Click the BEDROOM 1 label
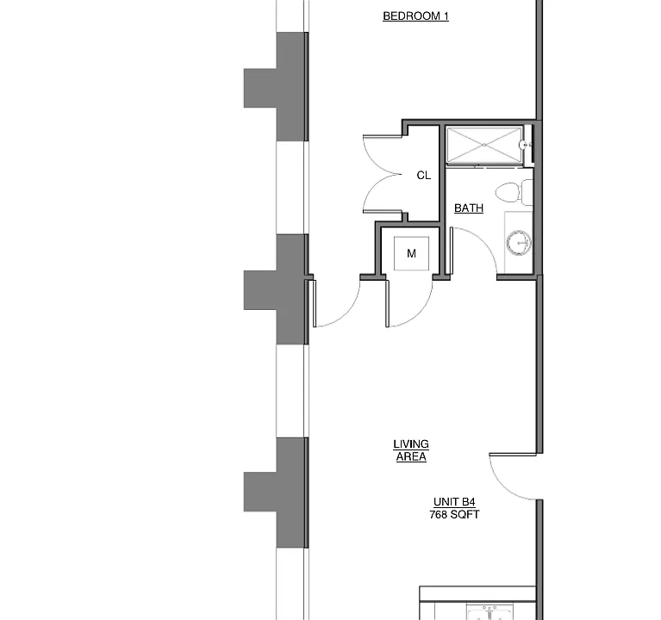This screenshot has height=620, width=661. pos(415,16)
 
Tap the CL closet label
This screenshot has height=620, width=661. pos(424,175)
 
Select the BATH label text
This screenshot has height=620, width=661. pos(469,208)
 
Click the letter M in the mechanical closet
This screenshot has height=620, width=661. pos(411,253)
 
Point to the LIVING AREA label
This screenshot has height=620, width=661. pos(411,450)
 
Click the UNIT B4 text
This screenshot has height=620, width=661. pos(454,502)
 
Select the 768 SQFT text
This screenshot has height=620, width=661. pos(454,515)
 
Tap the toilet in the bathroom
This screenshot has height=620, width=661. pos(514,192)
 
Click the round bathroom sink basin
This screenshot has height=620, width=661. pos(519,243)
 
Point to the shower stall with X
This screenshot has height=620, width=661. pos(484,145)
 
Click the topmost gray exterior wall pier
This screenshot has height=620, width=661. pos(276,87)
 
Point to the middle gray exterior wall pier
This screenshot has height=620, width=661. pos(276,290)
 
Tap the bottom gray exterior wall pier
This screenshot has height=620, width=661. pos(276,493)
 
